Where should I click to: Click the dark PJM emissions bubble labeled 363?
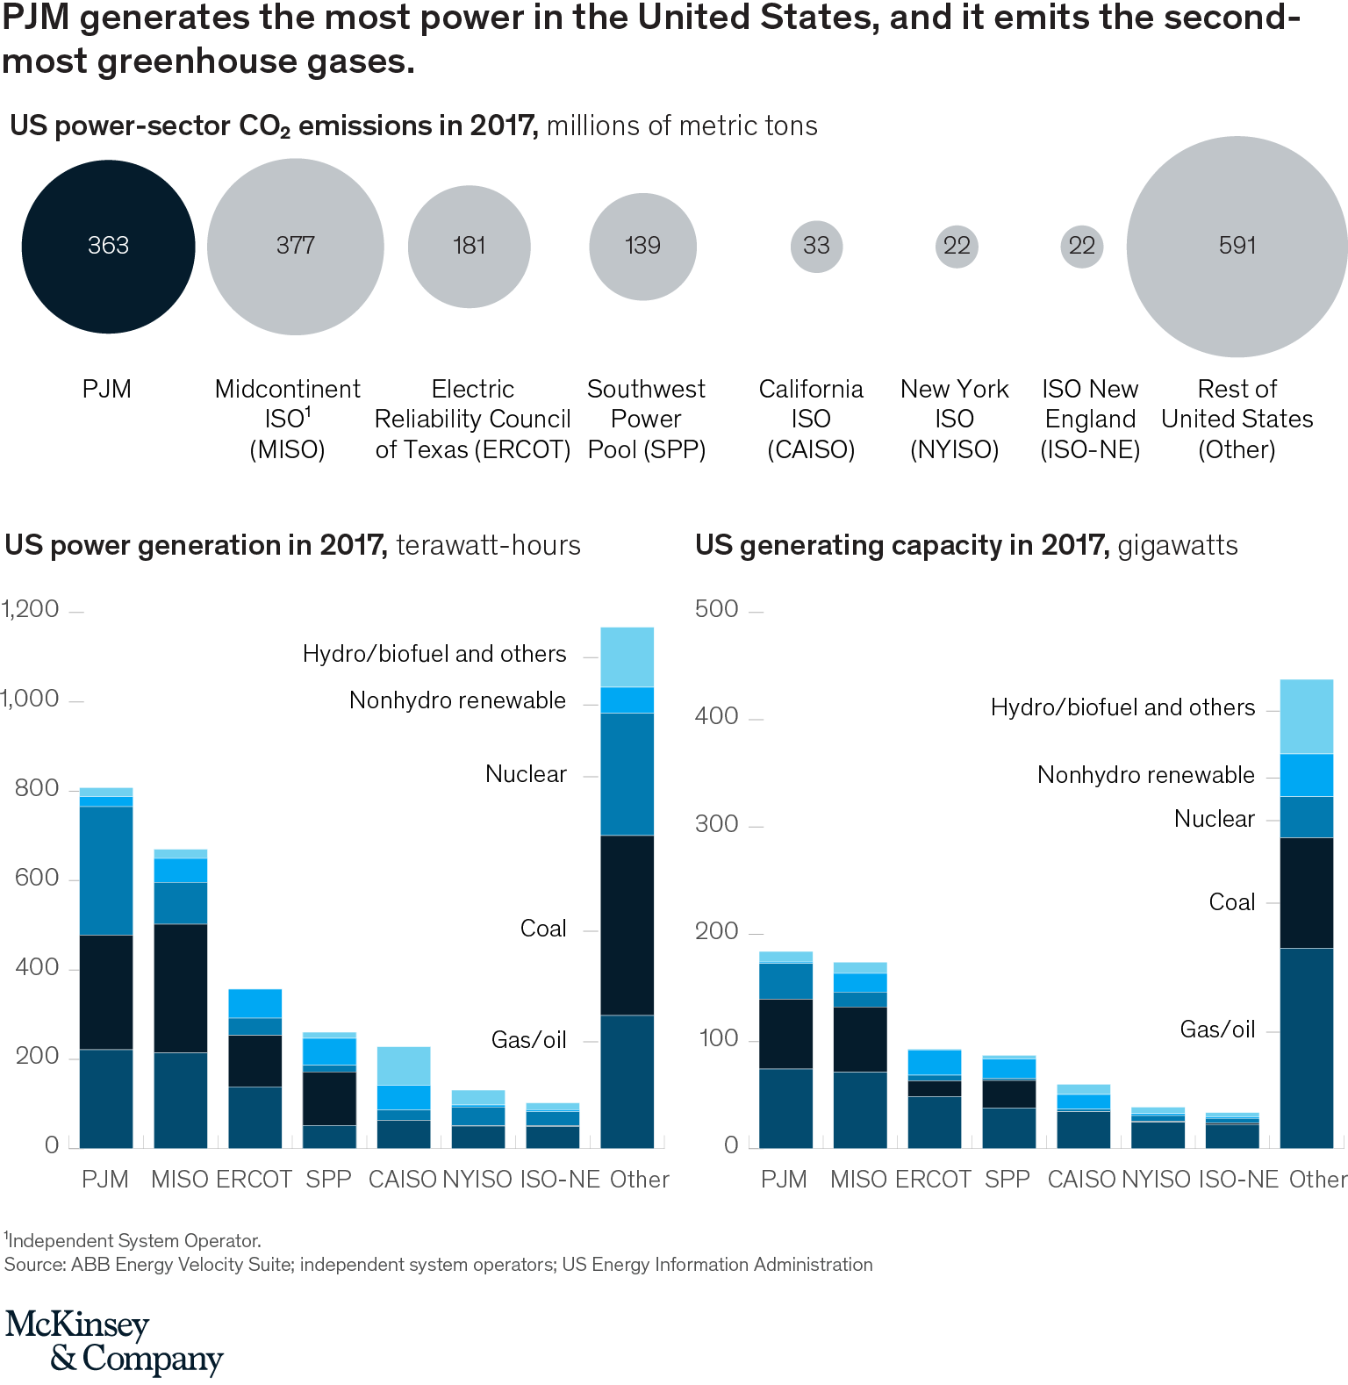108,246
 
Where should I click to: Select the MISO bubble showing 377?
295,246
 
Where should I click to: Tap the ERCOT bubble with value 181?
469,246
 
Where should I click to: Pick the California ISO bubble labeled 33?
816,246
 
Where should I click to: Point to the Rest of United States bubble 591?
1237,246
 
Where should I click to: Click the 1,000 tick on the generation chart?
31,700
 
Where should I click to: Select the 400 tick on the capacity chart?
716,716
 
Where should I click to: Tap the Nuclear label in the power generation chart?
526,774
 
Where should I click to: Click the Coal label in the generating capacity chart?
1231,902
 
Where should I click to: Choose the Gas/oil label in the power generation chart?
528,1040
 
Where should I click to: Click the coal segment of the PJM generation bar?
106,992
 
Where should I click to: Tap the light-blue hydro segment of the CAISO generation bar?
404,1066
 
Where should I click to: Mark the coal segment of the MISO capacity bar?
860,1039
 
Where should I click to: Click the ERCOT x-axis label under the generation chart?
254,1180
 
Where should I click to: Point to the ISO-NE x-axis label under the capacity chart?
1237,1180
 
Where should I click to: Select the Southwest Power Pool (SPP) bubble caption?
647,419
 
